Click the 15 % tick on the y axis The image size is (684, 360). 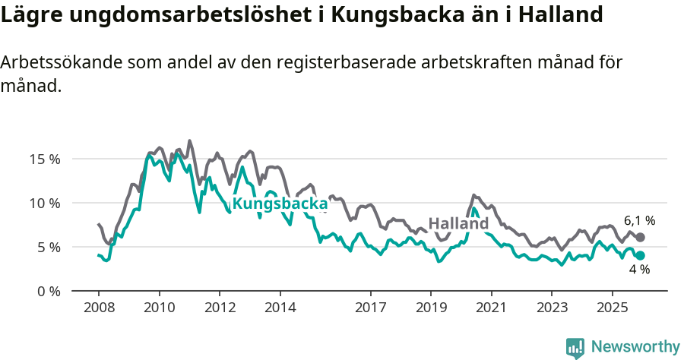tap(45, 159)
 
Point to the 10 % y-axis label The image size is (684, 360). tap(45, 204)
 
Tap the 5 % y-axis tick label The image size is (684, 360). tap(48, 248)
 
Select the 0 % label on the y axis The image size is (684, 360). tap(48, 292)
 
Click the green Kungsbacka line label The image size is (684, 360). tap(280, 204)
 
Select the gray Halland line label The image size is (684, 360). tap(458, 224)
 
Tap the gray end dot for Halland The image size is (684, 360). tap(641, 238)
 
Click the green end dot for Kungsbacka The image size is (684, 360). tap(641, 256)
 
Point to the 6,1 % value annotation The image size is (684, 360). tap(639, 221)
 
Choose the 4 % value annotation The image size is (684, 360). tap(639, 270)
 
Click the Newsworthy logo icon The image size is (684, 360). tap(575, 347)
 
